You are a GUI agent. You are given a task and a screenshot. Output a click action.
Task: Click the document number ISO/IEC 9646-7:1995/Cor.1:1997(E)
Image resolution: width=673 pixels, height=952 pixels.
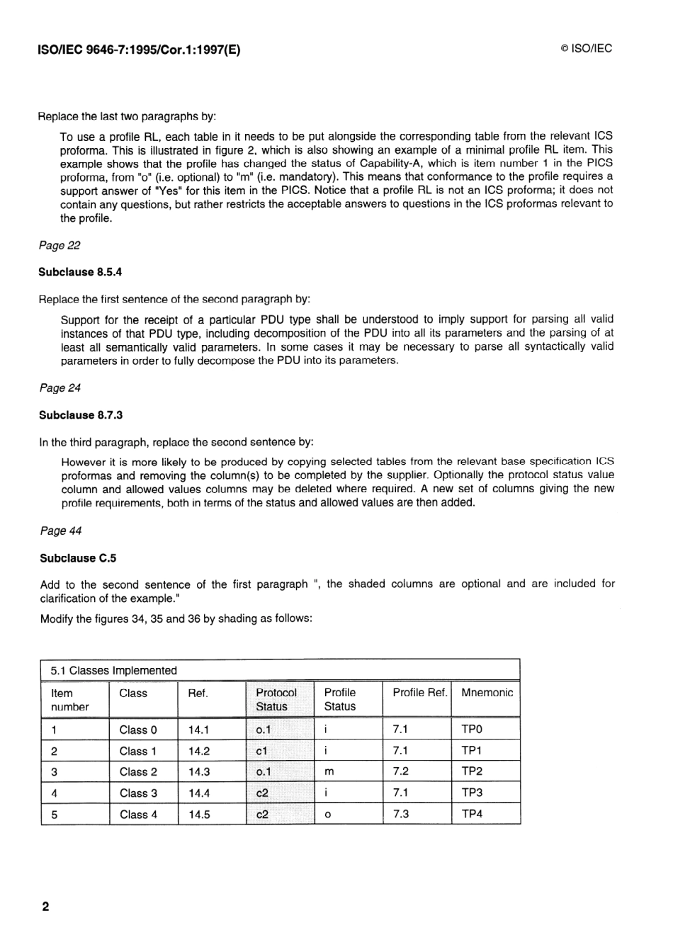[139, 50]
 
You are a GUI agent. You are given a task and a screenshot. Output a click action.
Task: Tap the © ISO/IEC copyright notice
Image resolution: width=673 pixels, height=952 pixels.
[586, 49]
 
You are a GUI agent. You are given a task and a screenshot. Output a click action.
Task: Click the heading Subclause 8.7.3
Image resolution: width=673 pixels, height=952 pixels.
[81, 415]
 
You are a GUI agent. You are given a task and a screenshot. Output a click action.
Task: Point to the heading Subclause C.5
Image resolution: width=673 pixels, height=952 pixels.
[78, 558]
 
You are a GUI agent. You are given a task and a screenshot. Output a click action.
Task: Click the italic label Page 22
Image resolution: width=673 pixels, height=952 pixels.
[60, 245]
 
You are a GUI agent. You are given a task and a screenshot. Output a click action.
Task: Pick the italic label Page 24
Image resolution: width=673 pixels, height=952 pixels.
[60, 388]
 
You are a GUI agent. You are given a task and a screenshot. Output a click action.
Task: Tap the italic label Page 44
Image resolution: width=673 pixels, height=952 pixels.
[61, 531]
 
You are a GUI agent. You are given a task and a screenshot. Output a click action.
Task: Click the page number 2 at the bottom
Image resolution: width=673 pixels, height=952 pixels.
[46, 907]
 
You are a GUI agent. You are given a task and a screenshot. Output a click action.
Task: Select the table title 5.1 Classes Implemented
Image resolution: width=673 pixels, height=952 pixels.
[113, 670]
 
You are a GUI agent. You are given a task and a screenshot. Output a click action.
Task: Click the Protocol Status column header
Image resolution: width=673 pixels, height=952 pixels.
[276, 699]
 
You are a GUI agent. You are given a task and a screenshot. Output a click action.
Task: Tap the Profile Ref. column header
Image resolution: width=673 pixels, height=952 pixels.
[420, 693]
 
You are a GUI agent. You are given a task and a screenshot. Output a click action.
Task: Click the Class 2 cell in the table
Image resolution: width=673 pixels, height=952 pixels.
[138, 772]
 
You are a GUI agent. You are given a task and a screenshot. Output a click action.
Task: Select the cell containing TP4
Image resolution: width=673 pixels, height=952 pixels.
[472, 814]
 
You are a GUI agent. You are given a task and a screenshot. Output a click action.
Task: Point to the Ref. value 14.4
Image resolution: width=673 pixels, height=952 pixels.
[199, 793]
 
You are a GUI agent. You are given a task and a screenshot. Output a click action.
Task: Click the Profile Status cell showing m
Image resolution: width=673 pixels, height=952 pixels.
[329, 772]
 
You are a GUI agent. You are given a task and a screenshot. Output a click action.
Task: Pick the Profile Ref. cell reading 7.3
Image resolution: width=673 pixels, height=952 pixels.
[401, 814]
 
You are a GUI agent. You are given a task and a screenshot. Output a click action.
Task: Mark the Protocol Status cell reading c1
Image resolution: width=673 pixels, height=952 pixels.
[262, 751]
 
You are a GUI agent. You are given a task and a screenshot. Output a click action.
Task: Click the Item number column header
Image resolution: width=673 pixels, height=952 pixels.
[70, 700]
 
